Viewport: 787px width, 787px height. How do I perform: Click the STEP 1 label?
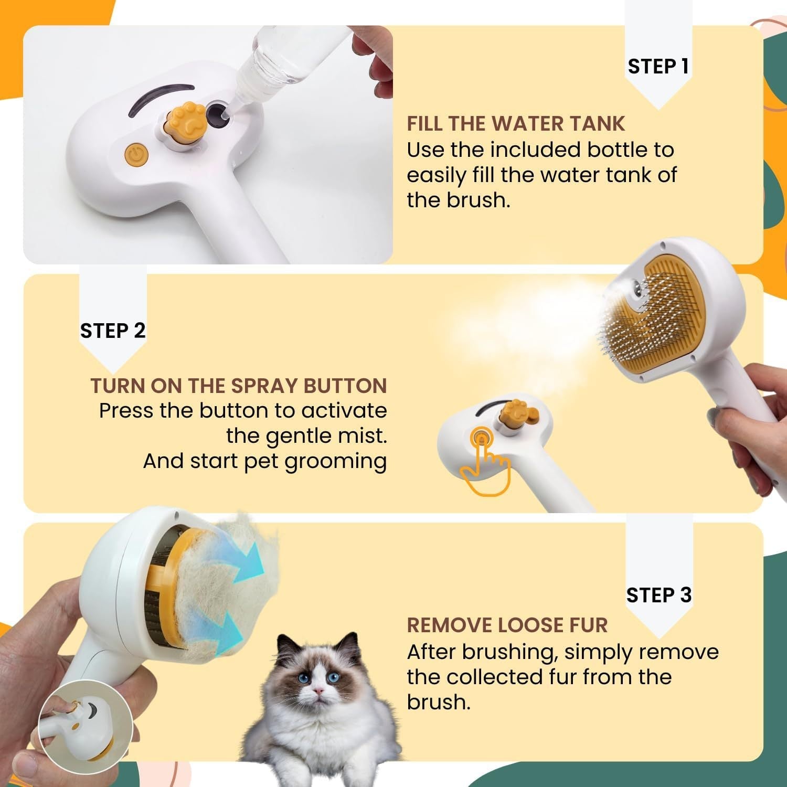tap(658, 67)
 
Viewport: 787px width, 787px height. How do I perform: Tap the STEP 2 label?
tap(112, 331)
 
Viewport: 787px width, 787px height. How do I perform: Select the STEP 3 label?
tap(658, 595)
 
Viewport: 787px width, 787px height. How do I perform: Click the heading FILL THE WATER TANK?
tap(516, 124)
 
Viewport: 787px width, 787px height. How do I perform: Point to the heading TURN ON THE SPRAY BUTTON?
tap(239, 386)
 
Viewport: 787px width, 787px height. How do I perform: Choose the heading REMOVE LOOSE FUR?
tap(507, 625)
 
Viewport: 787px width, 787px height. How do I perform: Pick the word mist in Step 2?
tap(367, 436)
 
